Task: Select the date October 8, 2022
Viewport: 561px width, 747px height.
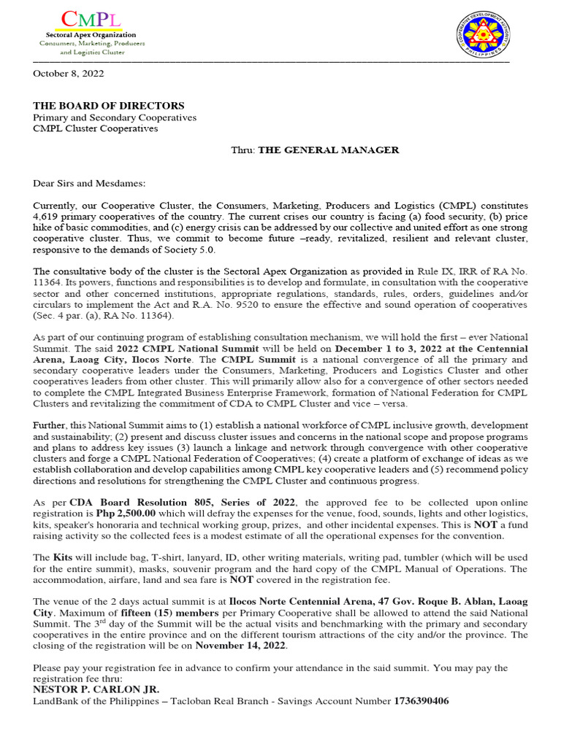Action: (69, 74)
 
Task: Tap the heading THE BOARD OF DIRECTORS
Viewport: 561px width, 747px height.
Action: (109, 106)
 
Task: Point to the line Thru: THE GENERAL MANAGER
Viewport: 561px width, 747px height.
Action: (315, 150)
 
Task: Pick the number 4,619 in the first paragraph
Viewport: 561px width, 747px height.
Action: (49, 217)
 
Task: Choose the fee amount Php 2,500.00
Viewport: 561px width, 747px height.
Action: (125, 514)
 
